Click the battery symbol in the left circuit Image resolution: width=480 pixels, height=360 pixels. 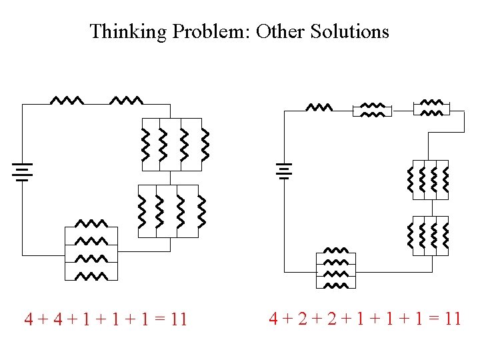pos(22,171)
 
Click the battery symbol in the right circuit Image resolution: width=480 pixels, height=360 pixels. pos(285,171)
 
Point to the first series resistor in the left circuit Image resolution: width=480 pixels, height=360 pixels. pos(67,101)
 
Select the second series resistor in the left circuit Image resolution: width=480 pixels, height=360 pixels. pos(126,101)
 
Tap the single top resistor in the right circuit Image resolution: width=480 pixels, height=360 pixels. pos(319,107)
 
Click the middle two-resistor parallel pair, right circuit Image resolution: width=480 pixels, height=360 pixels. pos(373,109)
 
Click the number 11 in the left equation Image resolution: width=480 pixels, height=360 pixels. pos(178,320)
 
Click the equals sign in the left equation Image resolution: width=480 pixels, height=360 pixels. pos(159,320)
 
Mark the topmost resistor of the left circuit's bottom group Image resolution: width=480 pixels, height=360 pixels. pos(91,223)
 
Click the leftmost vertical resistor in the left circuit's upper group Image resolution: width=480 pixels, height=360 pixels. pos(145,145)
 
